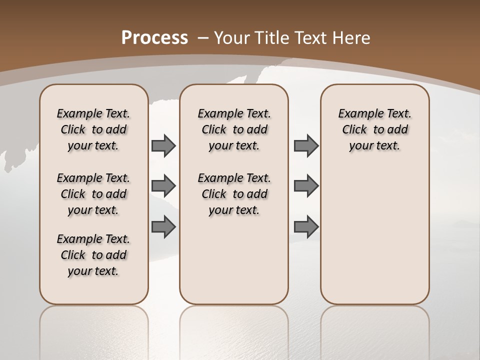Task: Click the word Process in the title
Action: pyautogui.click(x=154, y=37)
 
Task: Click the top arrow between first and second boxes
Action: pyautogui.click(x=163, y=146)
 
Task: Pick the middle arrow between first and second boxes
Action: pyautogui.click(x=163, y=186)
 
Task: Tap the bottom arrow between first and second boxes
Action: pyautogui.click(x=163, y=226)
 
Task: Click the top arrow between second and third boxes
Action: pyautogui.click(x=306, y=146)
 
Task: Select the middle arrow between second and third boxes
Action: pyautogui.click(x=306, y=186)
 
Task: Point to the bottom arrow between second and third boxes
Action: pyautogui.click(x=306, y=226)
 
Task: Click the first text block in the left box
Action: pyautogui.click(x=93, y=129)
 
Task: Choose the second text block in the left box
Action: pyautogui.click(x=93, y=194)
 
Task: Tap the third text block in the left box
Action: pyautogui.click(x=93, y=255)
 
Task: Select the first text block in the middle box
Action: pyautogui.click(x=234, y=129)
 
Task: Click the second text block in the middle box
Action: pyautogui.click(x=234, y=194)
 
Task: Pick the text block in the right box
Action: pyautogui.click(x=375, y=129)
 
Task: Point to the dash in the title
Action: pyautogui.click(x=203, y=37)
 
